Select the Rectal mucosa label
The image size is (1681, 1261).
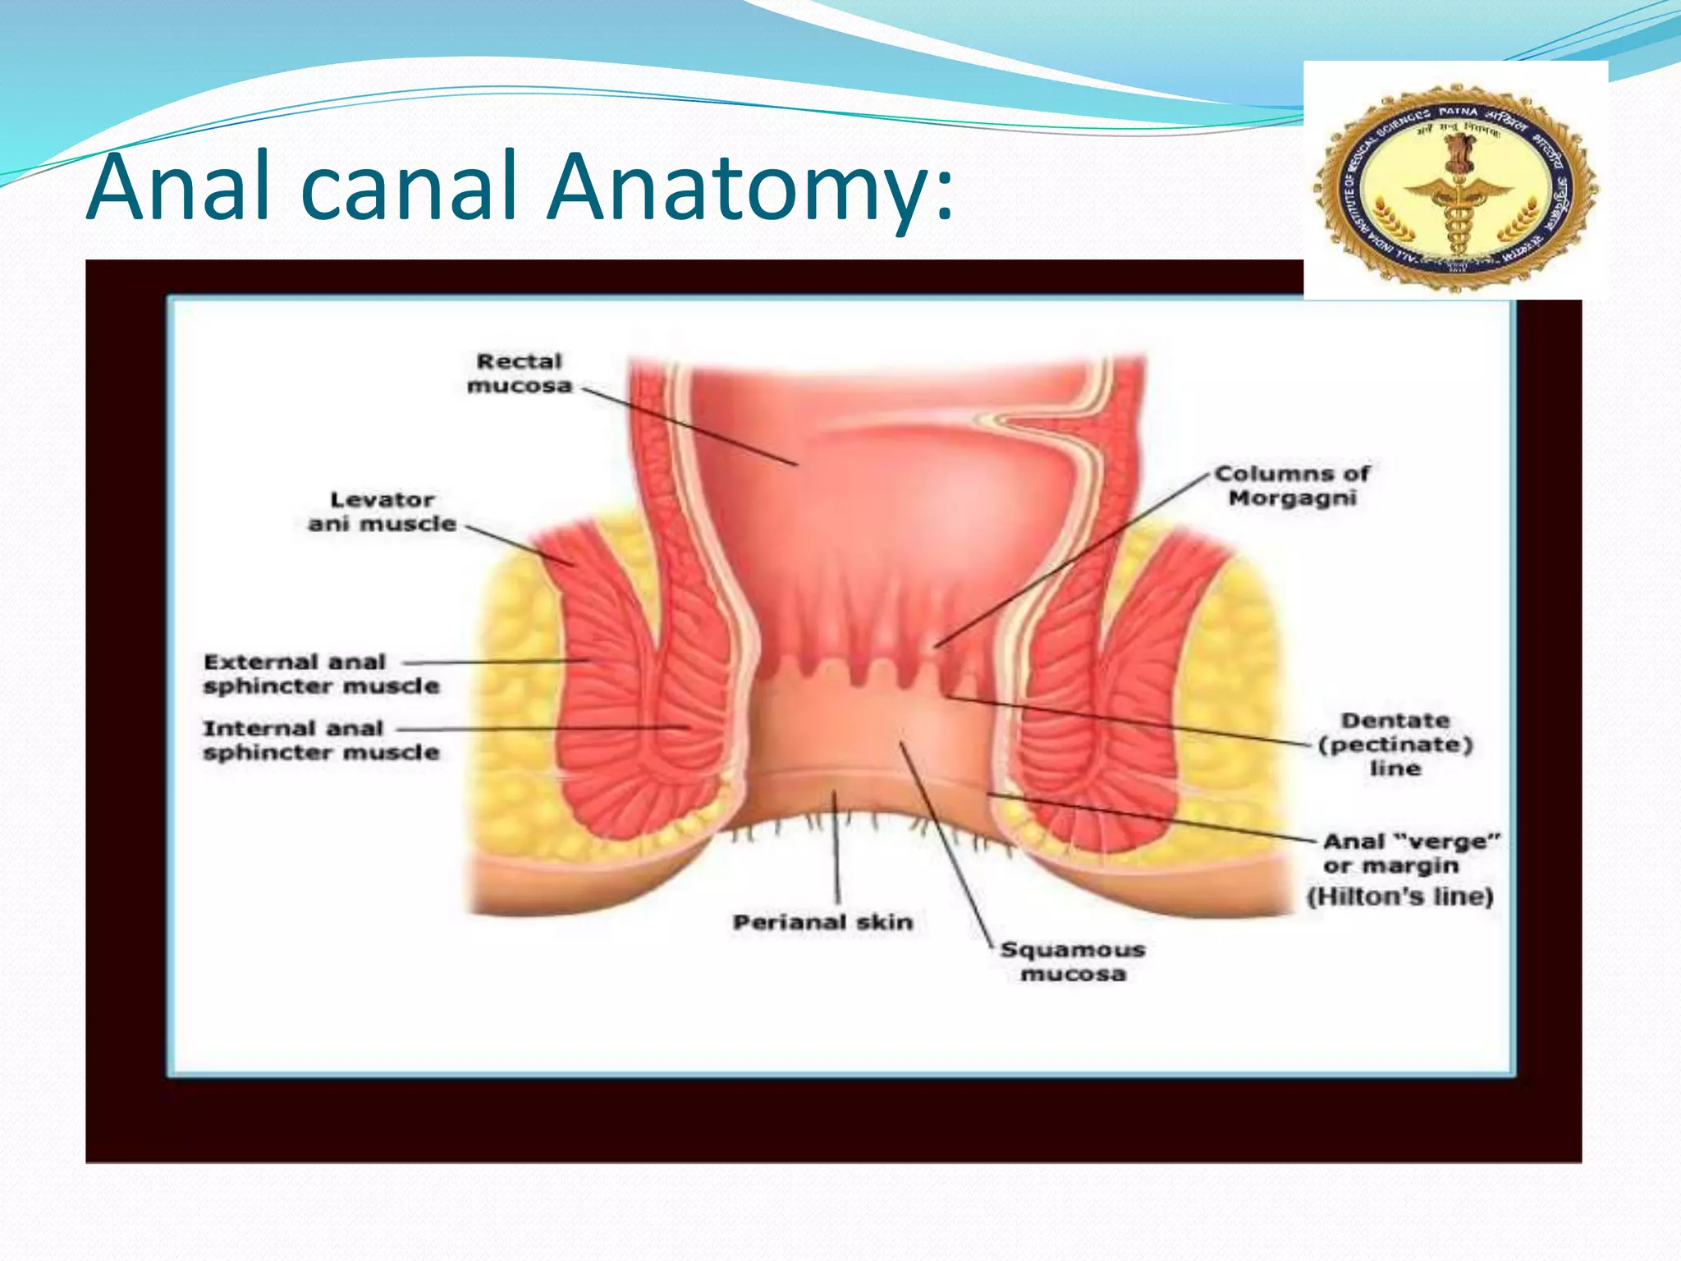(x=519, y=374)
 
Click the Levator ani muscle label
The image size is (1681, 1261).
(x=382, y=511)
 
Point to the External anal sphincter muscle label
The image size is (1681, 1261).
(x=321, y=674)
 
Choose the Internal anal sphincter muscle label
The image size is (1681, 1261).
(x=321, y=741)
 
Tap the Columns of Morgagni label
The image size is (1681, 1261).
(x=1292, y=485)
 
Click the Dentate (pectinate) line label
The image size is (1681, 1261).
(x=1395, y=745)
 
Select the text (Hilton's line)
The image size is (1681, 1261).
(x=1399, y=896)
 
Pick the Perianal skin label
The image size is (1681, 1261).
(x=822, y=922)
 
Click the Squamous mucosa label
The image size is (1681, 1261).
(x=1073, y=961)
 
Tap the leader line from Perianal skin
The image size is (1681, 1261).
(x=836, y=846)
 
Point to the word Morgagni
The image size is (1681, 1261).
(x=1292, y=498)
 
